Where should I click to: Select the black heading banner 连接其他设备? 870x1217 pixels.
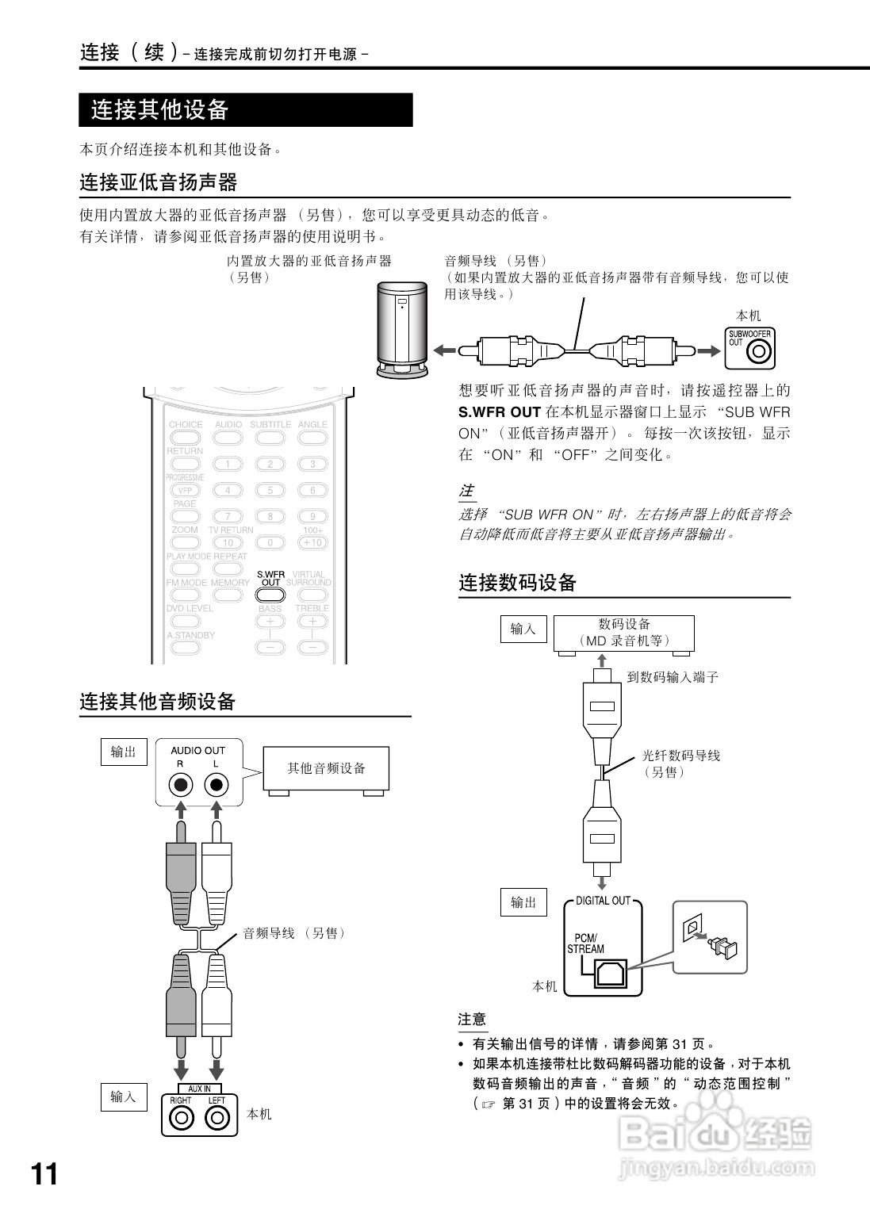click(x=245, y=110)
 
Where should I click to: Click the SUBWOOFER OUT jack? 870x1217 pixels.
click(x=760, y=351)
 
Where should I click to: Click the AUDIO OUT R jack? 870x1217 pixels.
click(x=181, y=785)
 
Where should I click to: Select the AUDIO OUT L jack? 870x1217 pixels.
click(x=216, y=785)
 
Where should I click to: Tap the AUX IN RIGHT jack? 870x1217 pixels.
click(x=182, y=1118)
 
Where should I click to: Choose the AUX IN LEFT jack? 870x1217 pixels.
click(x=217, y=1118)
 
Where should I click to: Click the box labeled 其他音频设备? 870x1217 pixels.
click(x=327, y=769)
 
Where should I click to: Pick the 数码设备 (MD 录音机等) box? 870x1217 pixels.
click(x=623, y=633)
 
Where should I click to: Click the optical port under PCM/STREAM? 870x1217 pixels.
click(x=609, y=972)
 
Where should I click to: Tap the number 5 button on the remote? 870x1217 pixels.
click(x=270, y=491)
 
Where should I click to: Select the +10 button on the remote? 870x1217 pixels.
click(x=312, y=543)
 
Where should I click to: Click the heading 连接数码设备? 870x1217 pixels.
click(x=517, y=583)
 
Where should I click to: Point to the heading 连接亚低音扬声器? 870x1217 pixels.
click(x=159, y=182)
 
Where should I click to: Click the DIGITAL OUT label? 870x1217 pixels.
click(x=603, y=901)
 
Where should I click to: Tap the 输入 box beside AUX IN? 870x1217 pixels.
click(x=123, y=1096)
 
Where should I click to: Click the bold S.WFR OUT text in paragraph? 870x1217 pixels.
click(x=500, y=412)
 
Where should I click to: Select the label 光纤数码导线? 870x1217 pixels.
click(x=680, y=756)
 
